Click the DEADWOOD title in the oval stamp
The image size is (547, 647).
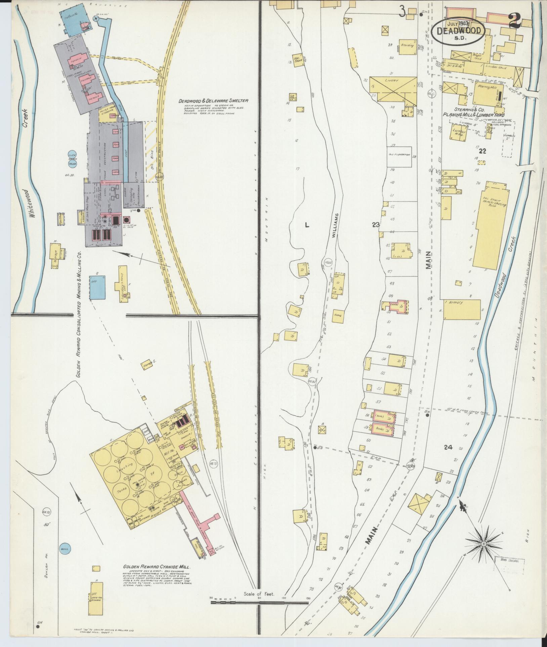pos(461,31)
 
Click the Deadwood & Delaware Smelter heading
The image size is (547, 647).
pos(213,101)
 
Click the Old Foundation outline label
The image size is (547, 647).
pos(399,155)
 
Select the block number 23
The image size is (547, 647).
pos(376,225)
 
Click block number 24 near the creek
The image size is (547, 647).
pos(448,447)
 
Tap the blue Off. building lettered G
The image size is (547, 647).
pos(97,287)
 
